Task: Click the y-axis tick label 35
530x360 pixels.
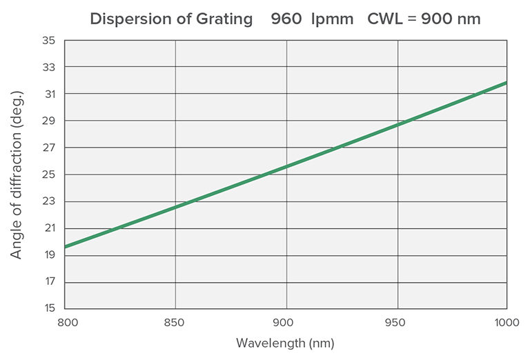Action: pos(48,41)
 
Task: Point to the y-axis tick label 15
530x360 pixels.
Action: pos(48,309)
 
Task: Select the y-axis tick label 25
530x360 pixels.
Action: pos(48,175)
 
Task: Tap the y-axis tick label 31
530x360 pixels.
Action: pos(48,94)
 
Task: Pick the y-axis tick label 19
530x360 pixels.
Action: pos(48,255)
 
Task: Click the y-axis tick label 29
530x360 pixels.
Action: pos(48,121)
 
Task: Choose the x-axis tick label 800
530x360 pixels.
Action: pos(66,323)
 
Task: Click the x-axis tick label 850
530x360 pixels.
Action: pos(175,323)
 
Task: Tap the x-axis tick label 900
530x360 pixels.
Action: pos(286,323)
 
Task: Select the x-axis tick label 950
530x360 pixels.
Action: pos(397,323)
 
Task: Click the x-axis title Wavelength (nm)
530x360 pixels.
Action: pos(285,343)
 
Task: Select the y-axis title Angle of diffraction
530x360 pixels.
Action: pos(17,174)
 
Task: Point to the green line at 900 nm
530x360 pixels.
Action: pos(286,166)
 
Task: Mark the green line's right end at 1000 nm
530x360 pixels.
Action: pos(506,83)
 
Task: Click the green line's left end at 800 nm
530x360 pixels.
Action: pos(66,246)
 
